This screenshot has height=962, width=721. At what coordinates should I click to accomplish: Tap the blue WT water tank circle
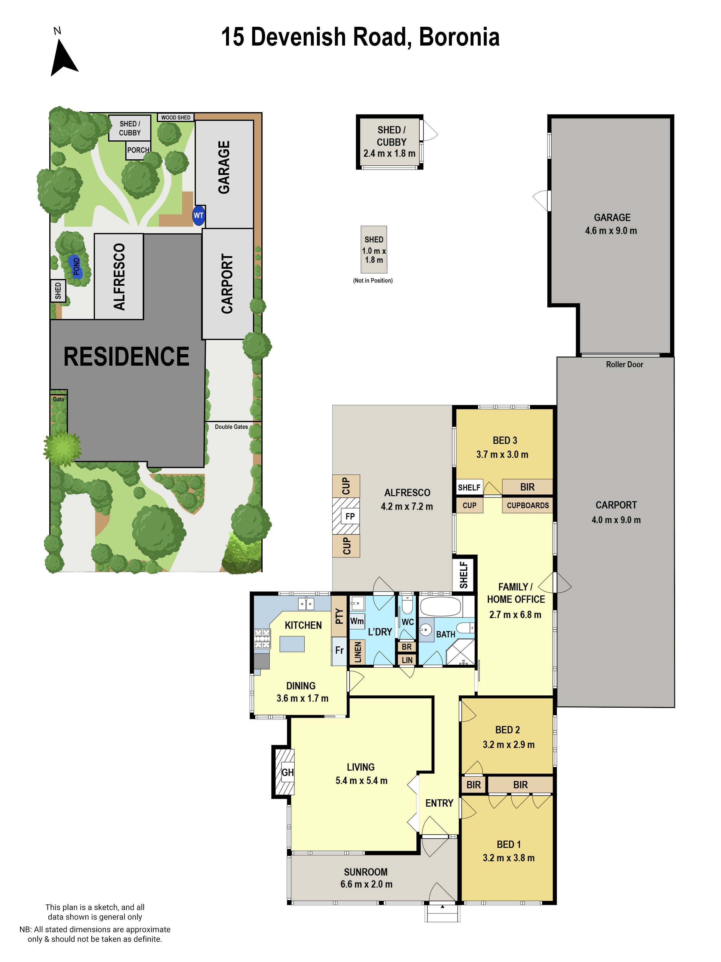[199, 215]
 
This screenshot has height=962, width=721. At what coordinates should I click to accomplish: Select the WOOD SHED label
[175, 118]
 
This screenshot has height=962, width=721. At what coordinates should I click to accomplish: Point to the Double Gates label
[231, 427]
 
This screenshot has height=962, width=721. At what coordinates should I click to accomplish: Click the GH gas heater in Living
[287, 772]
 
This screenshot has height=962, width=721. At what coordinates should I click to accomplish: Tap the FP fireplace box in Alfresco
[350, 516]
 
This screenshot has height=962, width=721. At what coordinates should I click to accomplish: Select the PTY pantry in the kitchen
[339, 616]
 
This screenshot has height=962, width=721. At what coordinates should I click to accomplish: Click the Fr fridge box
[339, 650]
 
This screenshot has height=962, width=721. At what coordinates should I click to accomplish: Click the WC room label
[407, 622]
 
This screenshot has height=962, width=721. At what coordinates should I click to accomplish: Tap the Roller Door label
[624, 364]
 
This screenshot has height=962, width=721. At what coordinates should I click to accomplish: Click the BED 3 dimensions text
[502, 455]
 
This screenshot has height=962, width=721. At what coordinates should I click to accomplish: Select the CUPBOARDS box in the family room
[527, 505]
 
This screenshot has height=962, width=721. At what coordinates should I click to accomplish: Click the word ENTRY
[439, 803]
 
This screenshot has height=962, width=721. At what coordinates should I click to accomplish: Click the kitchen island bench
[292, 644]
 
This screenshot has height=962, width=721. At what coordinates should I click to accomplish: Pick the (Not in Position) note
[373, 280]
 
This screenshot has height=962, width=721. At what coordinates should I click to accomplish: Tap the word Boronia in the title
[459, 37]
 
